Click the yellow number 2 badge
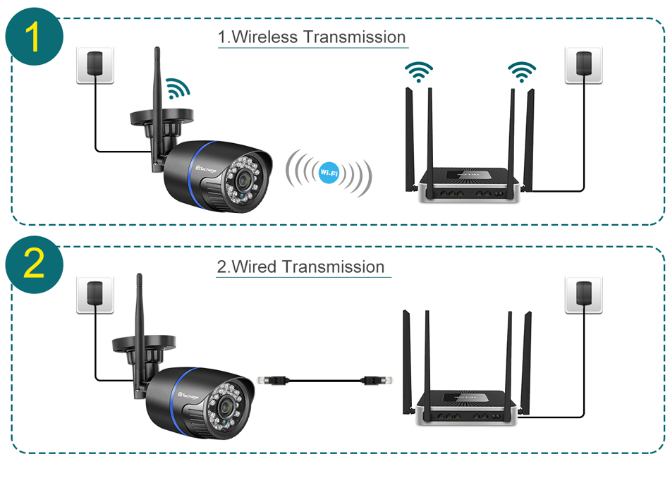pos(34,265)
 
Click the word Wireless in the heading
pos(268,37)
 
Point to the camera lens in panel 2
pos(226,407)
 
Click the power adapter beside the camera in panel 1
pos(95,65)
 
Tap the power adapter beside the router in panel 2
pos(584,294)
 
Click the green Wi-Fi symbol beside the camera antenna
pos(178,88)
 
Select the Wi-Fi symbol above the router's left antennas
pos(419,71)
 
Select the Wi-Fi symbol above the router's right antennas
pos(522,71)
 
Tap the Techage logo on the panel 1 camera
pos(209,168)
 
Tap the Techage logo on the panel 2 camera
pos(191,397)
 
